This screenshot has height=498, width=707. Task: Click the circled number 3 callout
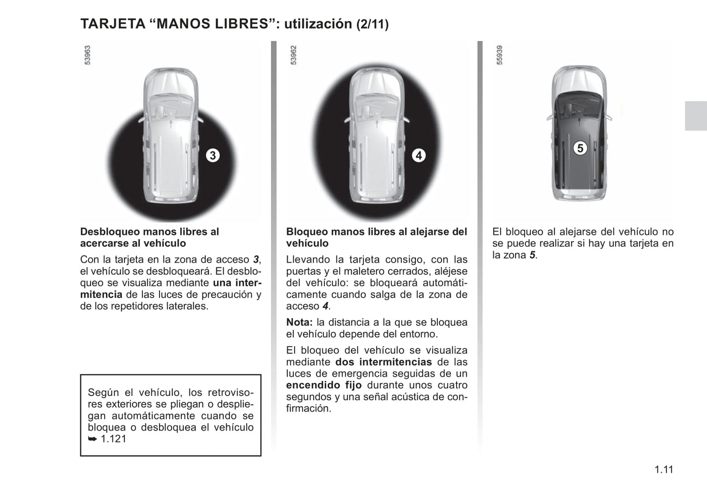click(x=212, y=155)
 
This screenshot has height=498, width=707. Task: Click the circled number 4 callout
click(x=418, y=155)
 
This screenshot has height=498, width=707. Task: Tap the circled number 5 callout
click(x=580, y=148)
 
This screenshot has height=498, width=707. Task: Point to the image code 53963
click(x=88, y=55)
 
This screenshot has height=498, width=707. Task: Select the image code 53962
click(x=294, y=55)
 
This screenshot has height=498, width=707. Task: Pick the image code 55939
click(x=500, y=55)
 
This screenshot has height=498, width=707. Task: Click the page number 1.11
click(x=663, y=470)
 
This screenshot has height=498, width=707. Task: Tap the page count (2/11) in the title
click(x=372, y=24)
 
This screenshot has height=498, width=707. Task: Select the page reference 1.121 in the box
click(x=114, y=439)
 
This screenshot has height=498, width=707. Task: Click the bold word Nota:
click(x=299, y=323)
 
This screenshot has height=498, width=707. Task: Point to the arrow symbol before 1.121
click(x=92, y=439)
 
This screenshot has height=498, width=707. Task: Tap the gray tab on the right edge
click(x=695, y=116)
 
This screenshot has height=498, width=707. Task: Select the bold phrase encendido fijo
click(x=324, y=385)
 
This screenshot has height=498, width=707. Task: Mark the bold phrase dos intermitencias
click(x=384, y=362)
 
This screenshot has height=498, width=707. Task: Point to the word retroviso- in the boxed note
click(x=230, y=392)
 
